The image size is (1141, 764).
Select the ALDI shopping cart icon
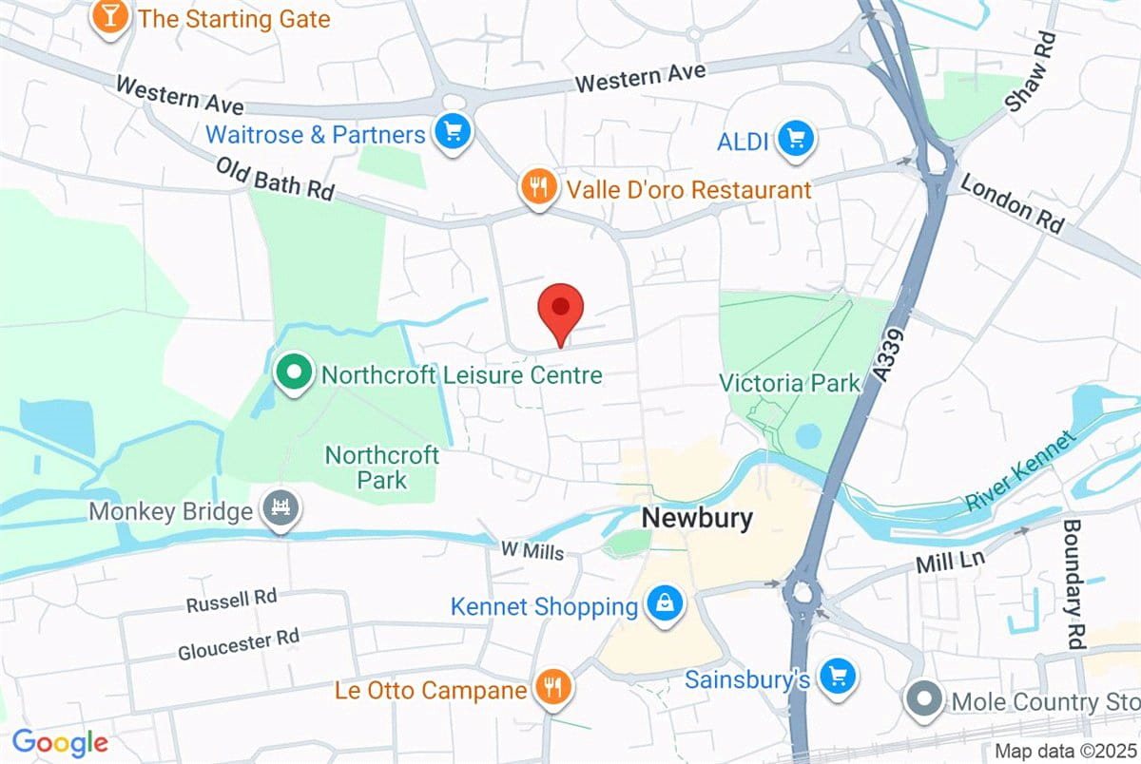point(795,141)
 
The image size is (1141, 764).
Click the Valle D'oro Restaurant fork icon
point(538,187)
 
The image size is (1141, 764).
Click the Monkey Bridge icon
point(282,510)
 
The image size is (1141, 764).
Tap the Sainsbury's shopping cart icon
point(837,678)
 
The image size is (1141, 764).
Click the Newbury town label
point(697,519)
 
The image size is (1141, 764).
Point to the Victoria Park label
point(789,383)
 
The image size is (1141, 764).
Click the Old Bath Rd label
point(276,179)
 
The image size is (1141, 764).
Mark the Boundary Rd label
point(1073,583)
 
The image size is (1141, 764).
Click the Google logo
point(59,741)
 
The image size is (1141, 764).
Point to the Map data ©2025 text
point(1064,751)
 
